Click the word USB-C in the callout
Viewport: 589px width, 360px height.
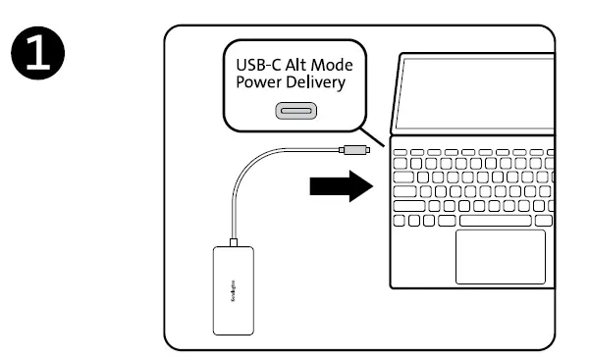260,66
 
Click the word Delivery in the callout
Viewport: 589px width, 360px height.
315,84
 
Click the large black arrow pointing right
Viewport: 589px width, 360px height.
341,183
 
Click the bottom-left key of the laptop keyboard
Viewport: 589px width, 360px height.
400,221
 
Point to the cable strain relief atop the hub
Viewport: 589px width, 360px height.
233,242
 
